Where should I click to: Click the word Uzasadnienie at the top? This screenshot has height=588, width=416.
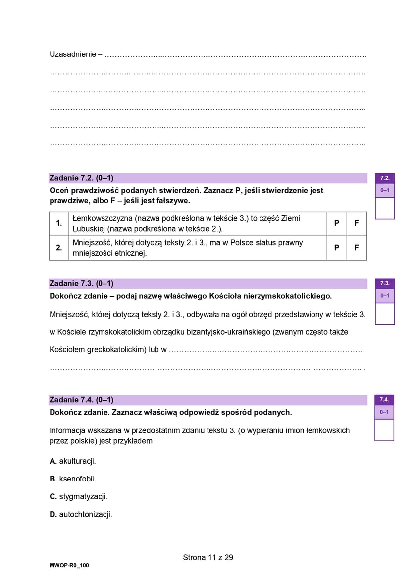click(x=72, y=54)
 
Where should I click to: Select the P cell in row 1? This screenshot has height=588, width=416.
click(x=337, y=223)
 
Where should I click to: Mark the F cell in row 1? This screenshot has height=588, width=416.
click(x=357, y=223)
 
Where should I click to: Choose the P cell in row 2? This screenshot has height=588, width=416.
click(x=337, y=248)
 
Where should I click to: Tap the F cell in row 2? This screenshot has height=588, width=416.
click(x=357, y=248)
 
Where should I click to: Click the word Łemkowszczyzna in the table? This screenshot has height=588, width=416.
click(x=102, y=218)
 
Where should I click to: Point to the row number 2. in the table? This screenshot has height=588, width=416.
click(x=59, y=248)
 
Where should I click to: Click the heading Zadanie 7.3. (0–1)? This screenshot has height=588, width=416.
click(x=81, y=284)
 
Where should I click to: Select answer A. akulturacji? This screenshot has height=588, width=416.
click(x=73, y=461)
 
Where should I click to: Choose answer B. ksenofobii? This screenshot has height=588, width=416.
click(x=73, y=479)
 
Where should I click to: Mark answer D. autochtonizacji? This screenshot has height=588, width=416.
click(x=81, y=514)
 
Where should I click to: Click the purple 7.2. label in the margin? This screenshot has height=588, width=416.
click(x=385, y=178)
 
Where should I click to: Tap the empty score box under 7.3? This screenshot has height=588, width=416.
click(x=385, y=314)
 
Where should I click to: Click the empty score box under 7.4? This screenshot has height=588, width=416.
click(x=384, y=429)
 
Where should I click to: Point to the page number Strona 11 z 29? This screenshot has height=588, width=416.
click(x=208, y=557)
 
